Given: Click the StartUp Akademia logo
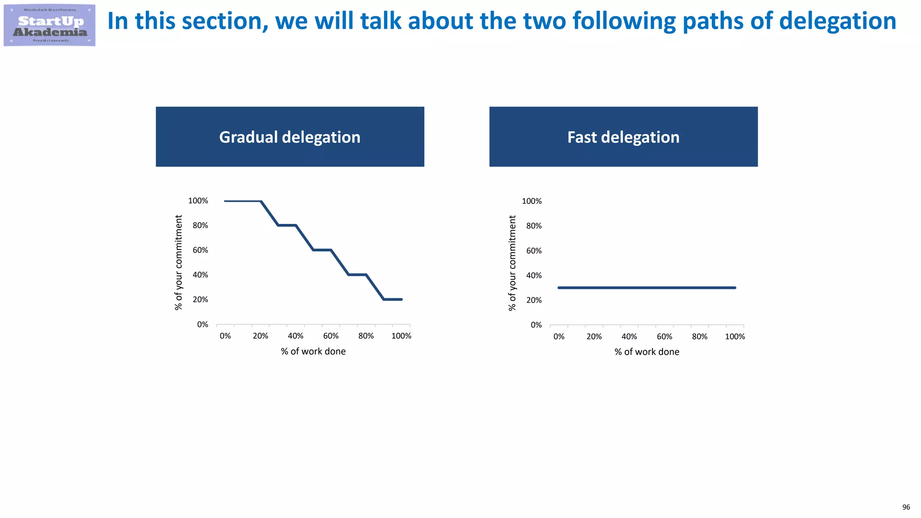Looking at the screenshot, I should [x=49, y=25].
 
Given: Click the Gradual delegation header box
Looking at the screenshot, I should [x=290, y=137].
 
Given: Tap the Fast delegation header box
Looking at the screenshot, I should [x=623, y=137].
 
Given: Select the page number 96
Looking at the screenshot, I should [x=906, y=507].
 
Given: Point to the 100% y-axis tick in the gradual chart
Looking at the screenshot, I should [x=198, y=201].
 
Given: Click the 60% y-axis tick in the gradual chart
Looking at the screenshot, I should [x=200, y=250].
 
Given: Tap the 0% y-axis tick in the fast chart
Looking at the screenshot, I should [x=536, y=325].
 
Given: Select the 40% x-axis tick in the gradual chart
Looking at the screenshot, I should [x=295, y=336].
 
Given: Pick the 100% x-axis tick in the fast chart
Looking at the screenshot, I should [x=735, y=336].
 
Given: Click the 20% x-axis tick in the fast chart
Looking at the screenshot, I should [x=594, y=336].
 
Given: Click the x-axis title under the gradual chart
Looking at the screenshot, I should [x=313, y=352].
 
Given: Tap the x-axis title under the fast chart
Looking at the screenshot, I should [x=647, y=352].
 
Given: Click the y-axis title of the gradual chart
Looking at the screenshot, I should [x=179, y=263].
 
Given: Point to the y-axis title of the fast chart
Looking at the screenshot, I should [x=512, y=263].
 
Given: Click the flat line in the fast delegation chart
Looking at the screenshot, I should [x=647, y=288].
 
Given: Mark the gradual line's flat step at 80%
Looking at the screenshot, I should [x=287, y=225].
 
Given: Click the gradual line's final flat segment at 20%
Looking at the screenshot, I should [x=393, y=299].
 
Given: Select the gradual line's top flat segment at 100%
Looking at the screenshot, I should [x=243, y=201].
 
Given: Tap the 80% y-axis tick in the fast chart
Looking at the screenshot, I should [x=534, y=226].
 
